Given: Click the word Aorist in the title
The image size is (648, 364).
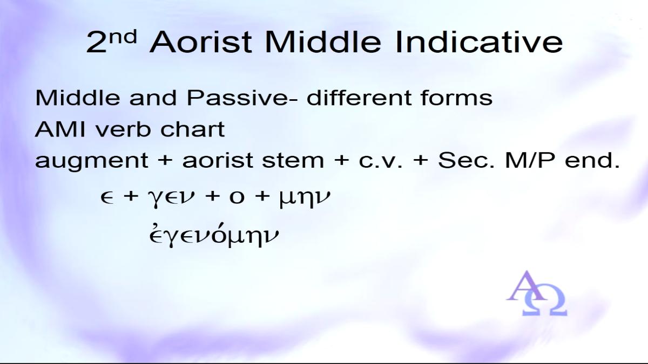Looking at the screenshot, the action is (201, 42).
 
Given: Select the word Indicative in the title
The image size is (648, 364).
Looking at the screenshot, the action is (479, 42).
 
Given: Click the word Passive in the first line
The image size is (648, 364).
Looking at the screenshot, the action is (237, 98).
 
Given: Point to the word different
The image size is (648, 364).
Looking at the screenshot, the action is (359, 98).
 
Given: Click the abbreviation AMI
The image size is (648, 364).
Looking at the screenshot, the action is (60, 129).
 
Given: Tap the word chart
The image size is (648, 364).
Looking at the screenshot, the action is (193, 129).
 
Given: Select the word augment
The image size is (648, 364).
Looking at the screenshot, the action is (91, 161).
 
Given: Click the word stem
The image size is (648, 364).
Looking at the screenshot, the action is (293, 160).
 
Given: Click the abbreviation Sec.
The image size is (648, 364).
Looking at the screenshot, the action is (467, 160).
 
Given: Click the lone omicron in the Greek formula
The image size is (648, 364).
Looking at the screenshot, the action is (237, 197).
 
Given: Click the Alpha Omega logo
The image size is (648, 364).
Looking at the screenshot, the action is (537, 293).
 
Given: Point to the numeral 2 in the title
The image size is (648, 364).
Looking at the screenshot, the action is (97, 43).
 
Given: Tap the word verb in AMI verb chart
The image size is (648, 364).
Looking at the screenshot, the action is (123, 129).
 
